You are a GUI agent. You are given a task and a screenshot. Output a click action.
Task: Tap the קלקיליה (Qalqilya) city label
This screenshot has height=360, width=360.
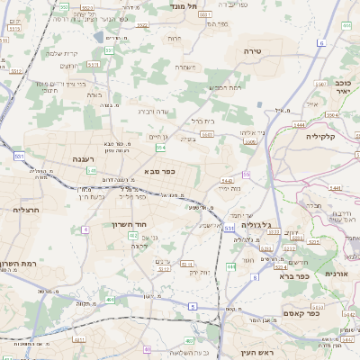pyautogui.click(x=319, y=136)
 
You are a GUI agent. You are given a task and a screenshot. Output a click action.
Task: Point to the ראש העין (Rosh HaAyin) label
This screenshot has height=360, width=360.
pyautogui.click(x=257, y=353)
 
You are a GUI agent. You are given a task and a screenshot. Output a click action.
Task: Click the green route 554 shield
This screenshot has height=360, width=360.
pyautogui.click(x=160, y=148)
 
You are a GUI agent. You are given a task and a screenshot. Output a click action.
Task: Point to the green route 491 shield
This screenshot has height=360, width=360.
pyautogui.click(x=110, y=299)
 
